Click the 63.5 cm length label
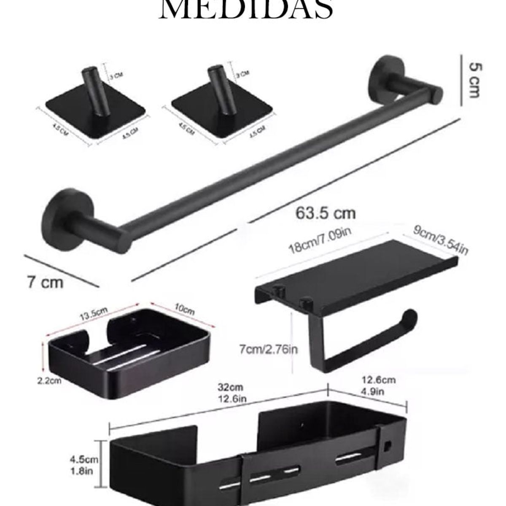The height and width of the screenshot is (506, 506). click(325, 213)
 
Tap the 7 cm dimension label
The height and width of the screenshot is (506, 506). click(45, 282)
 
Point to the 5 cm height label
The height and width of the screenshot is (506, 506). click(475, 80)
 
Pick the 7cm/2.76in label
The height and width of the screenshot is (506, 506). click(269, 349)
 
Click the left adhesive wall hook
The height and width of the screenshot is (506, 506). click(95, 101)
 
